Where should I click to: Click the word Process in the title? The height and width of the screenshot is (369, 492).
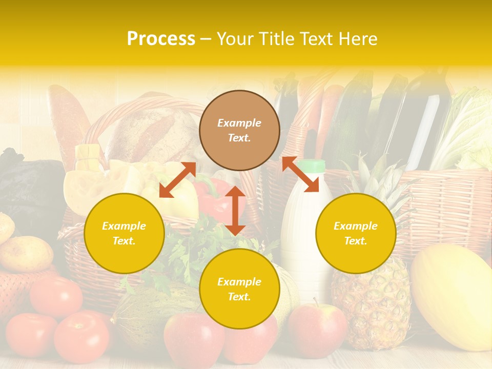[161, 39]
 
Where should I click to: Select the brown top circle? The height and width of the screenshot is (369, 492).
[239, 130]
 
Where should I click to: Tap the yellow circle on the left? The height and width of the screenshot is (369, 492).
[124, 233]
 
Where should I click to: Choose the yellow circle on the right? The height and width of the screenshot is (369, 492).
[356, 233]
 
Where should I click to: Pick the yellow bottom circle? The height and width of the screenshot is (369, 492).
[239, 289]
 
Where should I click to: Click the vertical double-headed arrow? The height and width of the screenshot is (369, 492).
[235, 211]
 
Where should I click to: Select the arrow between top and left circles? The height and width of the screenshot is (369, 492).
[177, 180]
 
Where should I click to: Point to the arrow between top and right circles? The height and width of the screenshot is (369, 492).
[300, 174]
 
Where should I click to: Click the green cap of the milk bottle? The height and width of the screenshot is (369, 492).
[311, 166]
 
